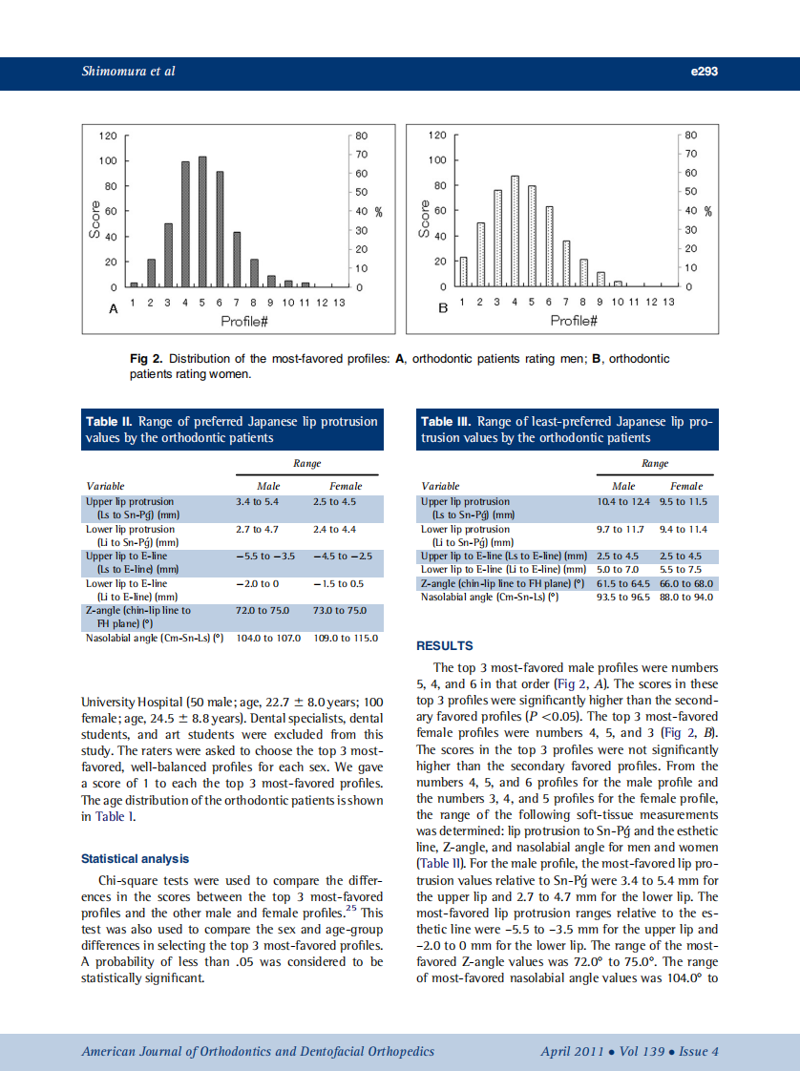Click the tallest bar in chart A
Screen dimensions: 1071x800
[x=202, y=221]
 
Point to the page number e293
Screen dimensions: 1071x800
[x=704, y=72]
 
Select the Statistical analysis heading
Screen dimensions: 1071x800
[x=135, y=859]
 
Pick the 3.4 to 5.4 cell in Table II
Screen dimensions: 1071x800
[x=257, y=501]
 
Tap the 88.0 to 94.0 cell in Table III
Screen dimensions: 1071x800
[x=685, y=598]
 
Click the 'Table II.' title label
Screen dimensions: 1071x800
[x=110, y=421]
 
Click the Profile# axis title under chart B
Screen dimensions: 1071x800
[x=573, y=322]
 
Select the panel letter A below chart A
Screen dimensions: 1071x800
[x=113, y=309]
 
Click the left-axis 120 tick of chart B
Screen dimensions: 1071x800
[x=437, y=136]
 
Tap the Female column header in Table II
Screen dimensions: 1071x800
[x=345, y=486]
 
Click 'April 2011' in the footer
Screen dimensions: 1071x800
[x=571, y=1051]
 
